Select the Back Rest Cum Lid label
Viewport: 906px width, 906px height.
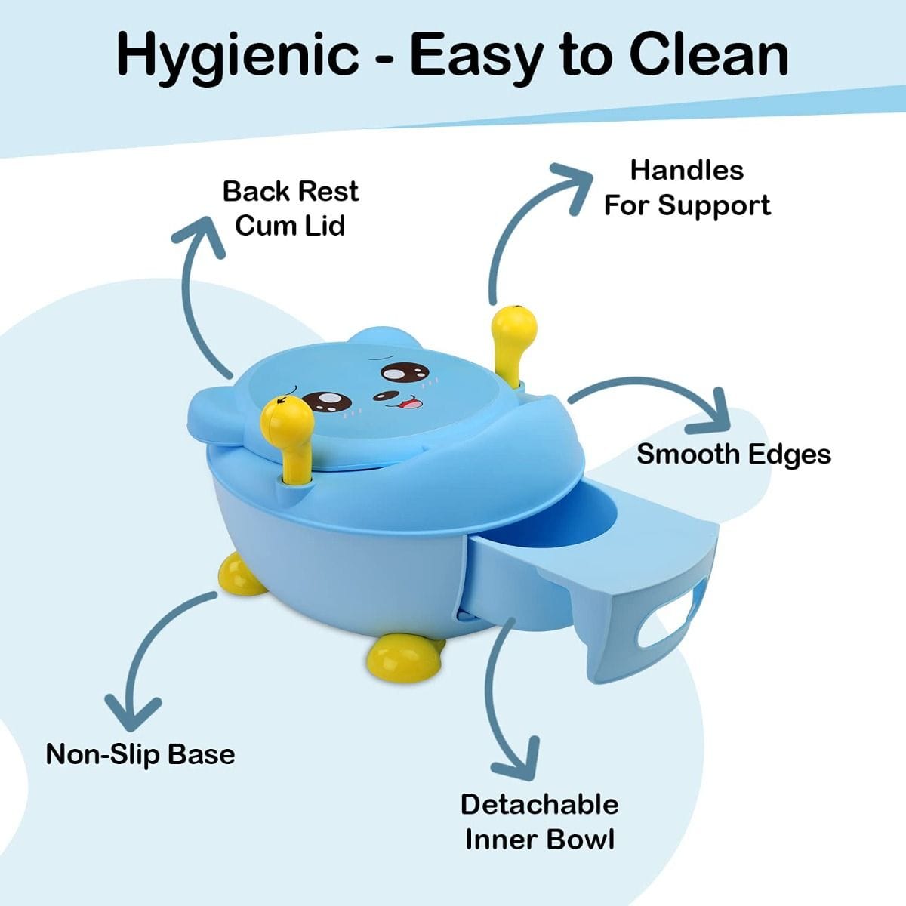[x=291, y=208]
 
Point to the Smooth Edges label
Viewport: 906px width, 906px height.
[x=734, y=455]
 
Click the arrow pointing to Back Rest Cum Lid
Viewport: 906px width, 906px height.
[x=190, y=291]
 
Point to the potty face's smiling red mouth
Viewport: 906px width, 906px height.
[x=412, y=403]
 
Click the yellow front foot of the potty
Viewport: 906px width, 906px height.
[x=405, y=657]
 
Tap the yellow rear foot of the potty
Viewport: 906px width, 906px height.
[x=240, y=572]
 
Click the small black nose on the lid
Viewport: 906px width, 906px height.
[x=384, y=396]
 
